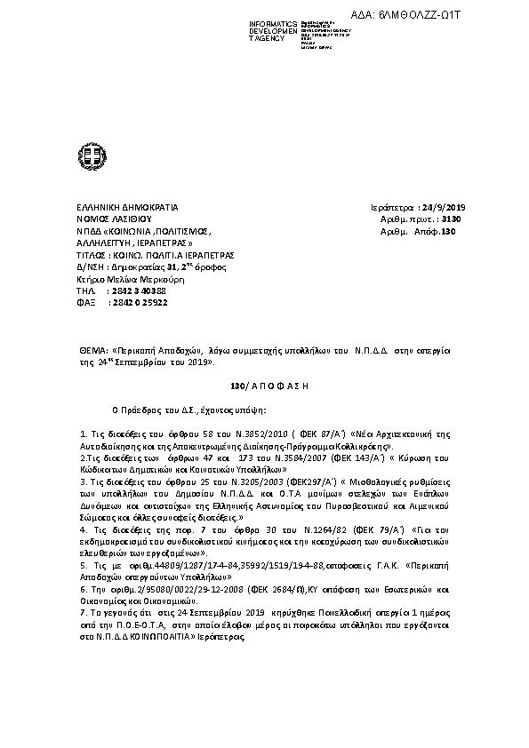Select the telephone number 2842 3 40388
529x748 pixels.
coord(137,290)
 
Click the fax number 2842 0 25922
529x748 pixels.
coord(137,303)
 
